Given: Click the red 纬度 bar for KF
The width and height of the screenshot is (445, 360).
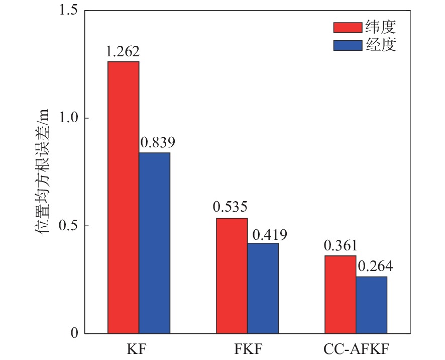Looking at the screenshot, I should pyautogui.click(x=123, y=197).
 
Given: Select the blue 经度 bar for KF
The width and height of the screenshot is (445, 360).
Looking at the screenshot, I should pyautogui.click(x=154, y=243).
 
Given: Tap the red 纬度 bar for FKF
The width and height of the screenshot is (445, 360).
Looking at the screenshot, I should pyautogui.click(x=232, y=276).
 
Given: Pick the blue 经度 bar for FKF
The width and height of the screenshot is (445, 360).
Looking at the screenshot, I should pyautogui.click(x=263, y=288).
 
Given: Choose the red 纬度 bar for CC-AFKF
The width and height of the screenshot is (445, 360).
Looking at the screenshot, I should pyautogui.click(x=340, y=294).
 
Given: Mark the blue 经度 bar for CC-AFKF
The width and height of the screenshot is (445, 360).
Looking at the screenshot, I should pyautogui.click(x=371, y=305).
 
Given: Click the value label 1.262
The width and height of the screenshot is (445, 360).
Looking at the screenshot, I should pyautogui.click(x=123, y=52).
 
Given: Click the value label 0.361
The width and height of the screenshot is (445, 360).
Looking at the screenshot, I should pyautogui.click(x=341, y=246).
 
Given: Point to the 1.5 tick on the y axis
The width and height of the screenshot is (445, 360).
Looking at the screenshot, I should pyautogui.click(x=68, y=11).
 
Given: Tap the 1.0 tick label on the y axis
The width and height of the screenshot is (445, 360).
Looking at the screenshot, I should pyautogui.click(x=68, y=118).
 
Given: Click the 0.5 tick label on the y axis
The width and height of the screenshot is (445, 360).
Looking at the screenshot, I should pyautogui.click(x=68, y=226).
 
